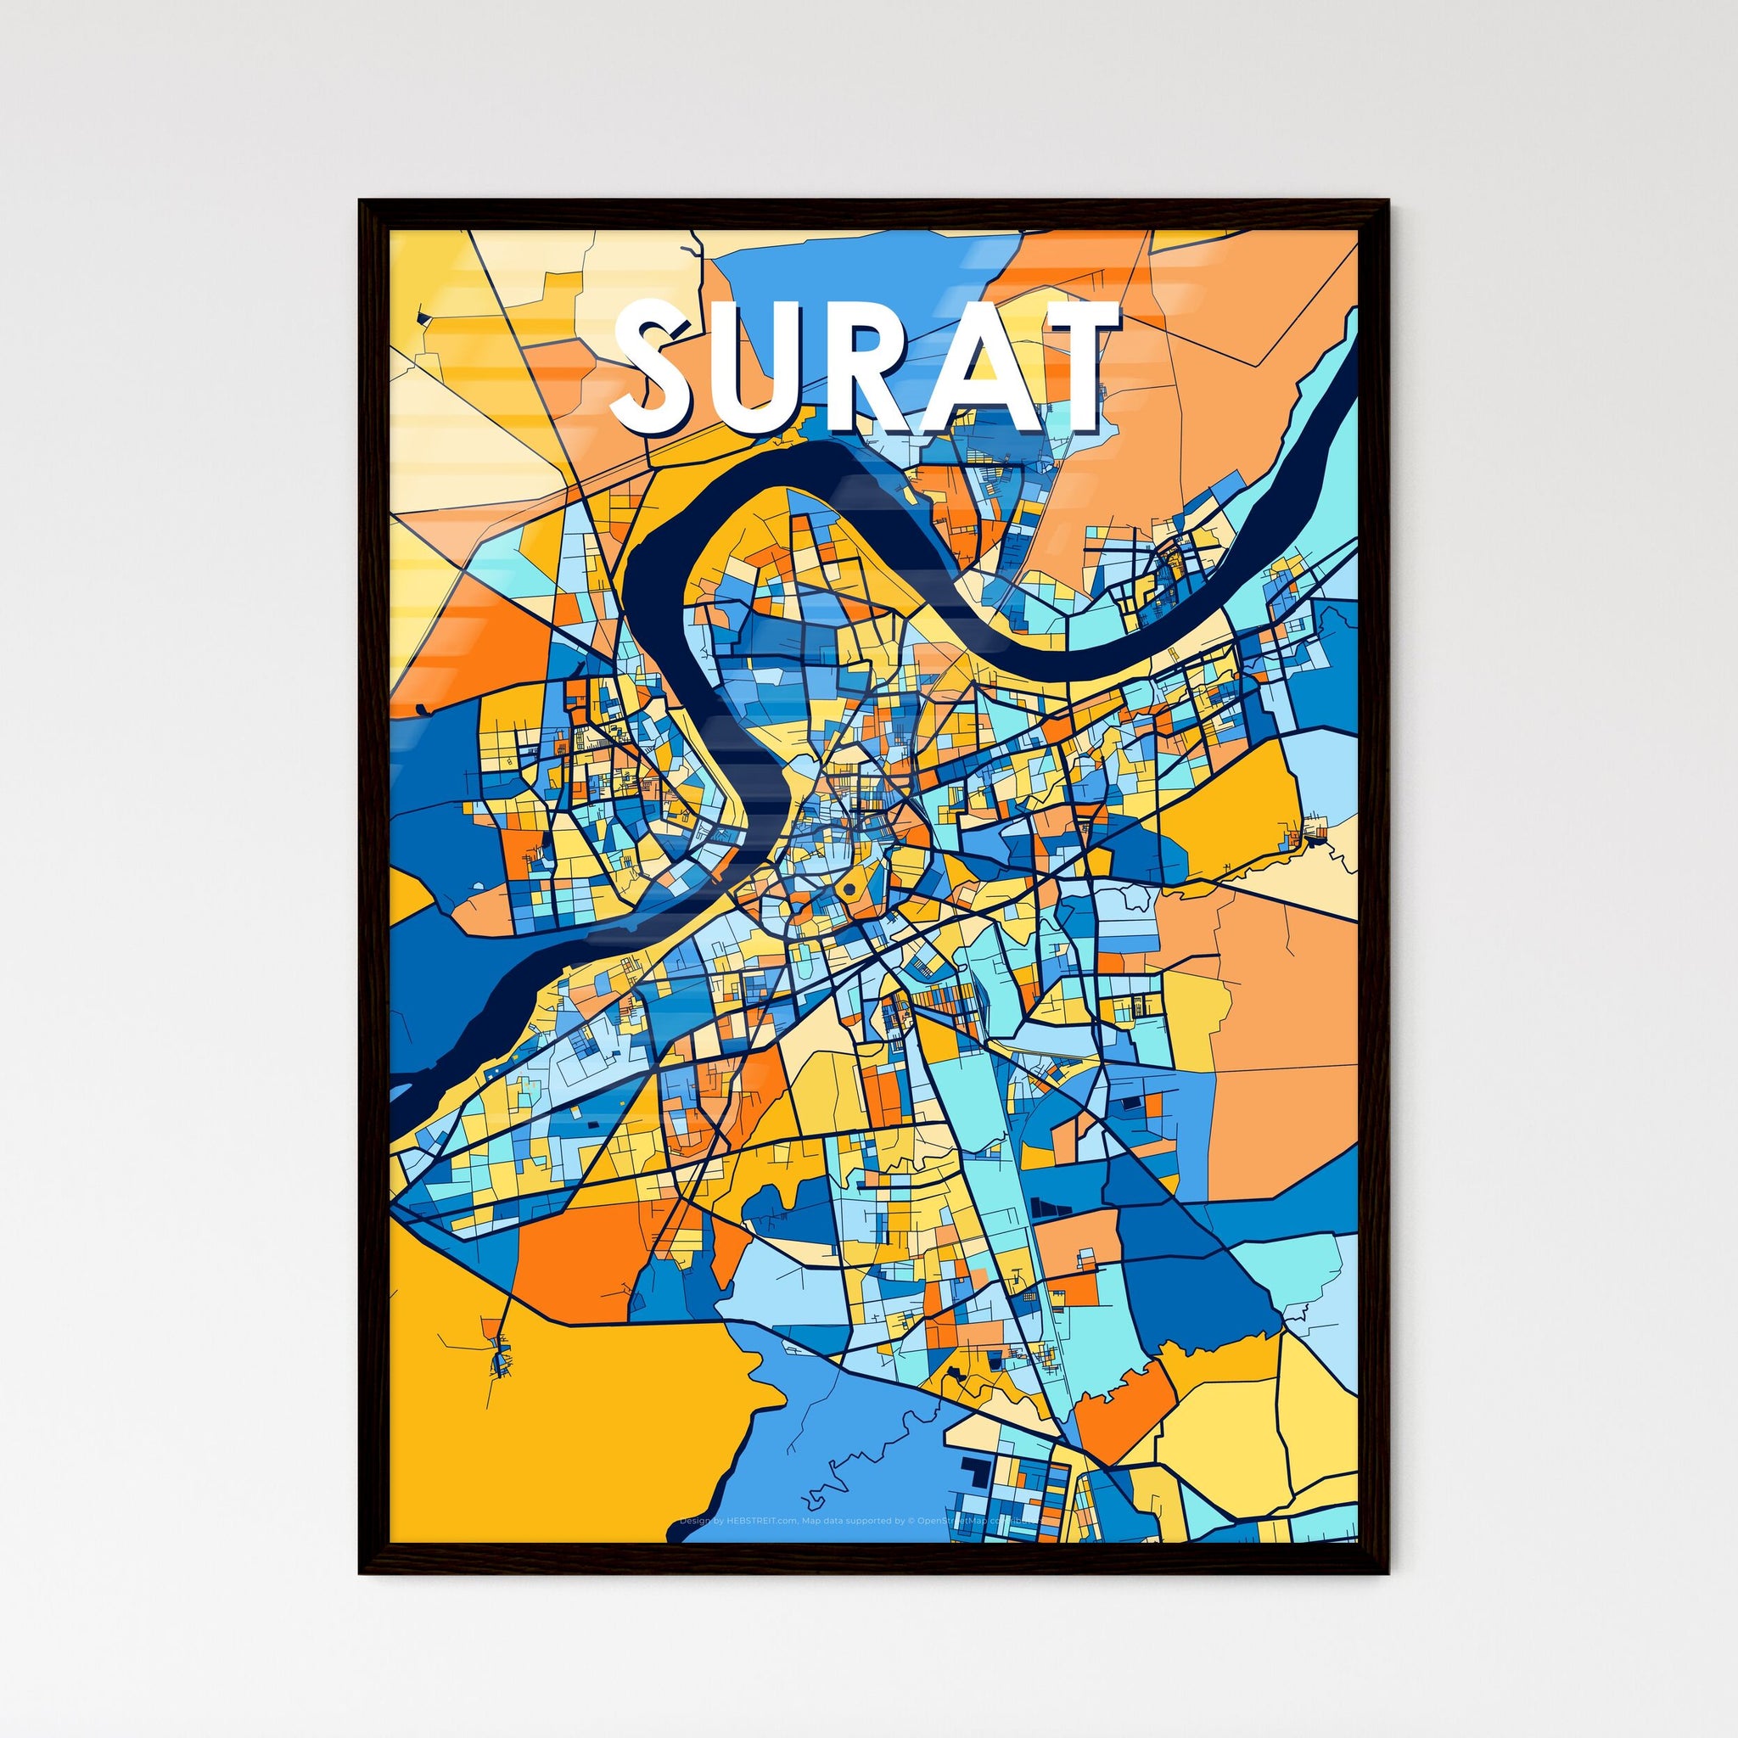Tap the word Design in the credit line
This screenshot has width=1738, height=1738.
pyautogui.click(x=695, y=1522)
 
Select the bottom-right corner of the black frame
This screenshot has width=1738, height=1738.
pyautogui.click(x=1387, y=1546)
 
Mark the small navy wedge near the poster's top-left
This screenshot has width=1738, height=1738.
pyautogui.click(x=421, y=317)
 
